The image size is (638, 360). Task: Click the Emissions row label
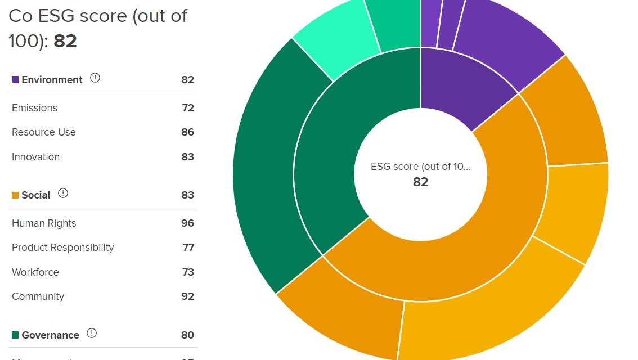click(x=34, y=108)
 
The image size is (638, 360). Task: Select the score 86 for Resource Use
click(x=187, y=132)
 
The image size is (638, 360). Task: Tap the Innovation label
click(x=35, y=157)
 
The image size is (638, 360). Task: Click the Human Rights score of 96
click(x=187, y=223)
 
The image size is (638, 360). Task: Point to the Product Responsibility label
click(x=62, y=247)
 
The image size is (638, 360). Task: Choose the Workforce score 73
click(x=187, y=272)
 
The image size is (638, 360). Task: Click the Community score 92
click(x=187, y=296)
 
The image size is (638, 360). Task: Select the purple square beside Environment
click(x=15, y=80)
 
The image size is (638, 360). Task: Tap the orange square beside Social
click(x=15, y=195)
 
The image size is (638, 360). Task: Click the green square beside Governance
click(x=15, y=335)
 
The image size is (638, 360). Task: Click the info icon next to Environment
click(x=95, y=78)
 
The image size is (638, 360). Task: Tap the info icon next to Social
click(x=63, y=193)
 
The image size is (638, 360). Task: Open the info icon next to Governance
click(x=92, y=334)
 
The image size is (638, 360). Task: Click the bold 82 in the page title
click(x=65, y=41)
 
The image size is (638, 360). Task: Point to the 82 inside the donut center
click(x=420, y=182)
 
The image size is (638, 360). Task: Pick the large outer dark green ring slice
click(x=264, y=169)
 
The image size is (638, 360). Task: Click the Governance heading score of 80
click(x=187, y=335)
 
